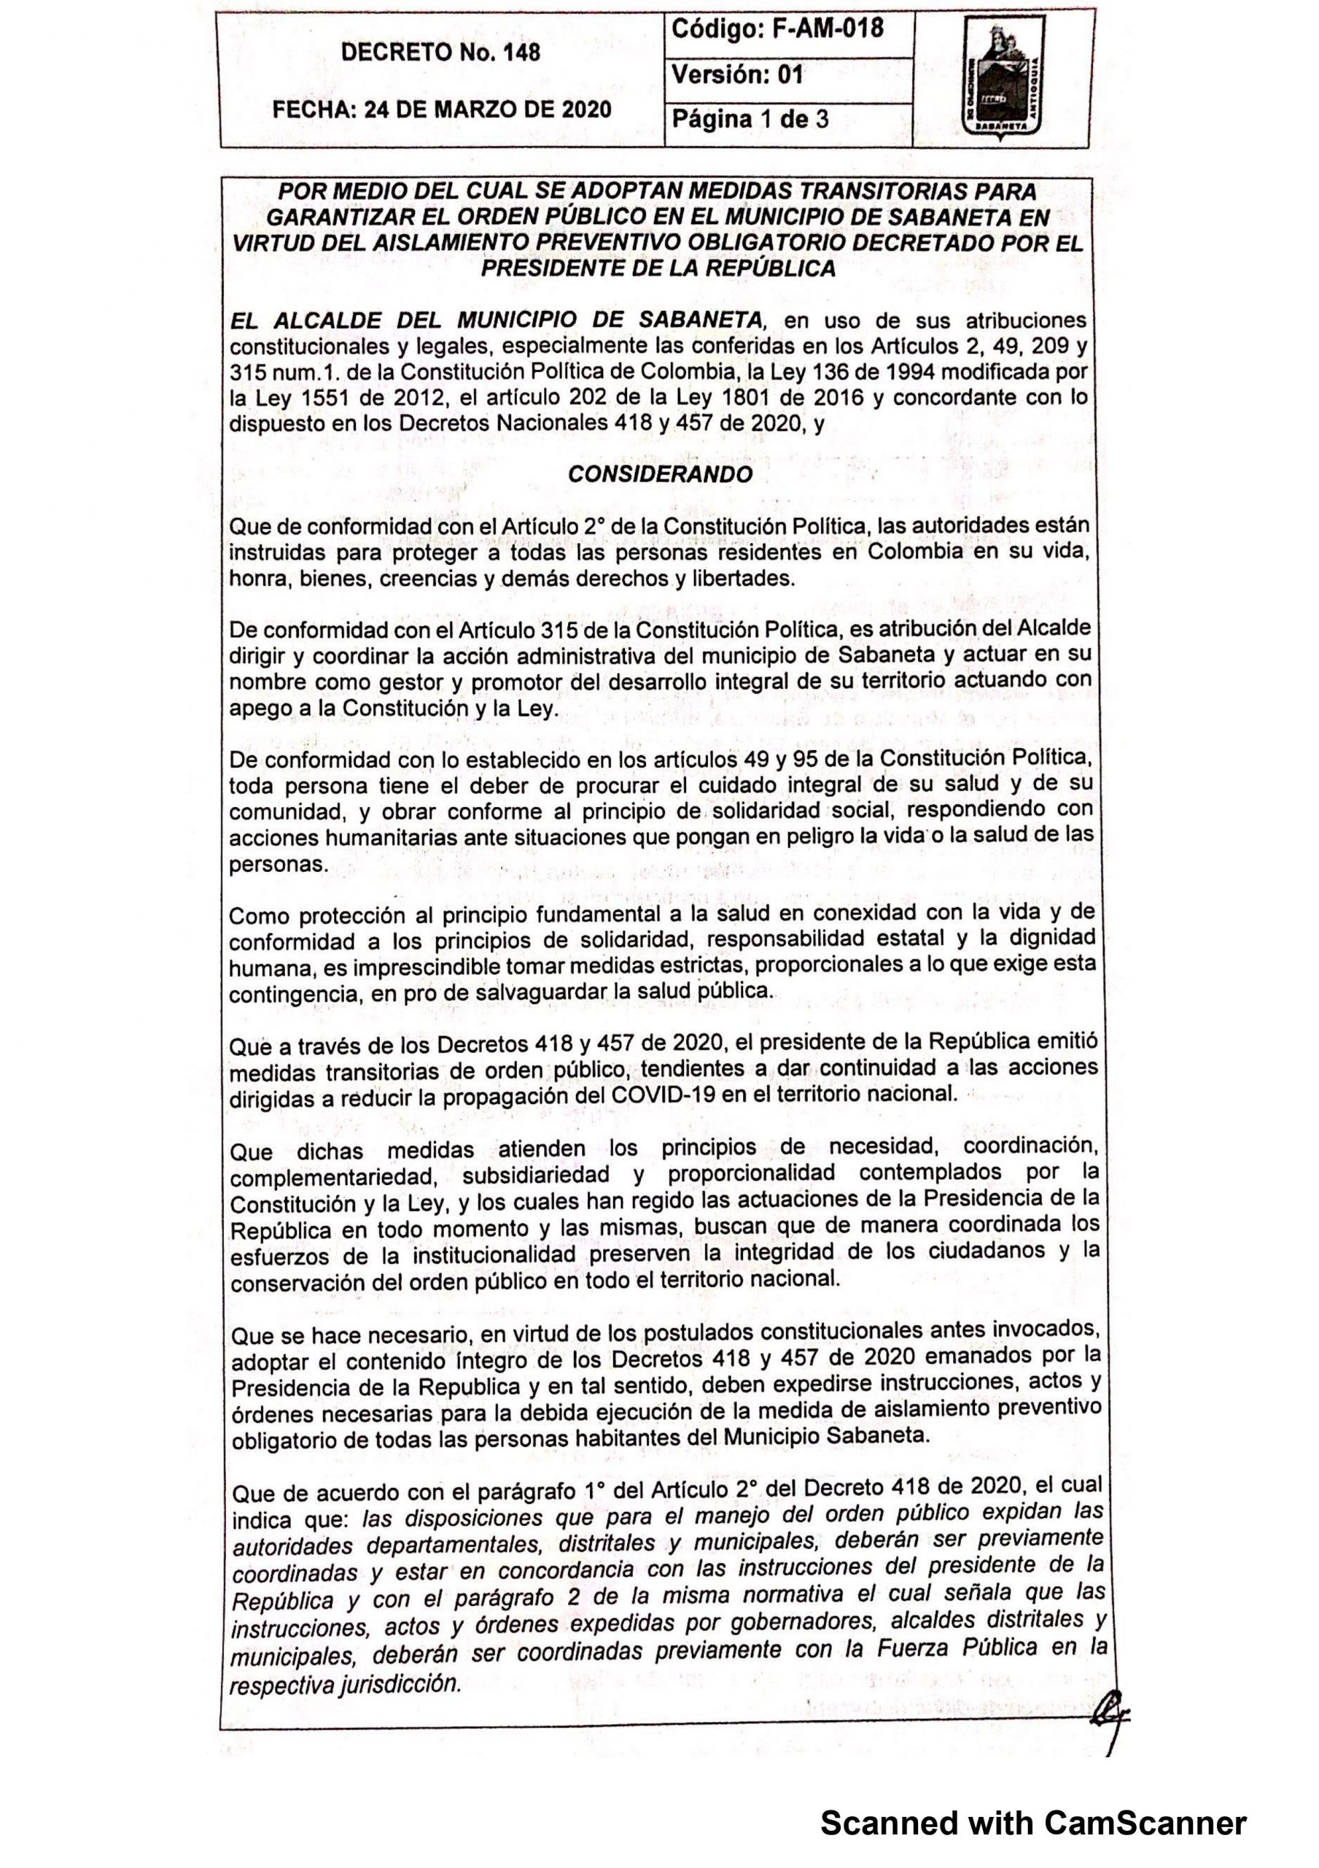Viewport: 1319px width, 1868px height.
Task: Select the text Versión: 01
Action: coord(736,76)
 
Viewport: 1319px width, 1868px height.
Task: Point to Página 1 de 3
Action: coord(749,120)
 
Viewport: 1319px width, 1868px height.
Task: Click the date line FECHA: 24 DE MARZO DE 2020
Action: coord(442,109)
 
